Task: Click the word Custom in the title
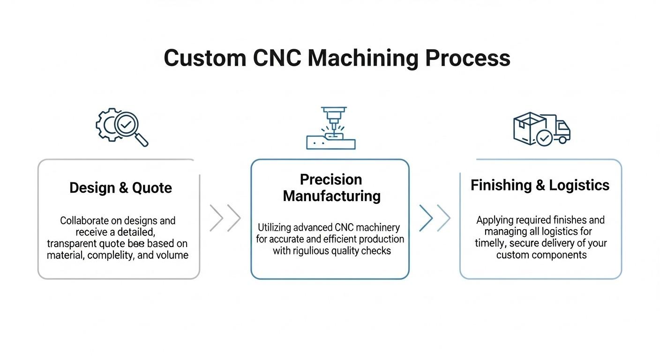point(205,58)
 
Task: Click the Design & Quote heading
point(120,188)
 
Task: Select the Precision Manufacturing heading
point(331,187)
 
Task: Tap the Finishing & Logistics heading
point(540,185)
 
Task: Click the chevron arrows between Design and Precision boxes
point(225,218)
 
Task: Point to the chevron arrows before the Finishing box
point(435,218)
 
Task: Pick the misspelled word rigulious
point(312,251)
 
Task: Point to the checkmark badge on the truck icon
point(544,138)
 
